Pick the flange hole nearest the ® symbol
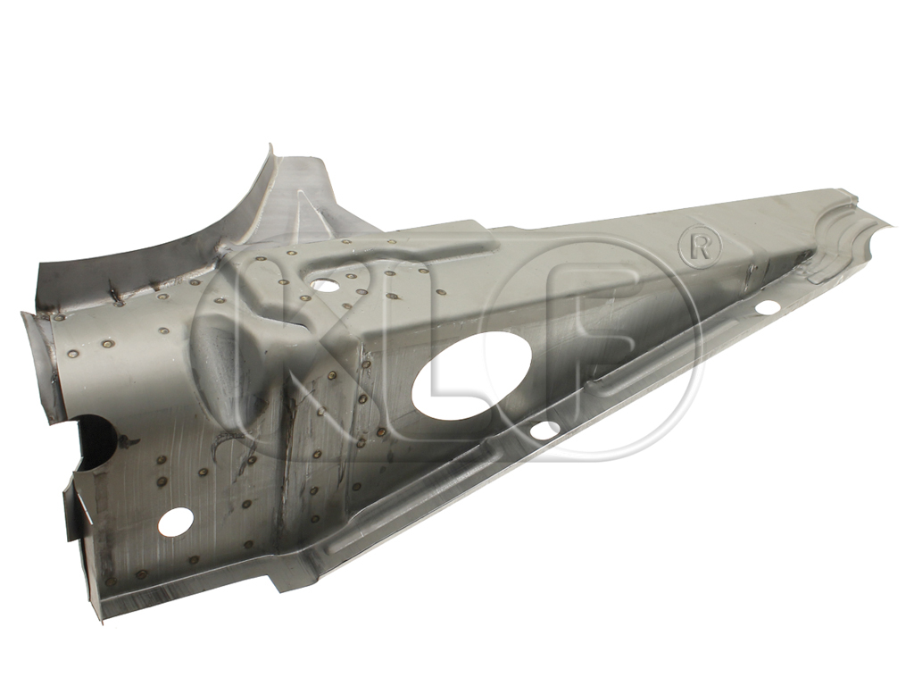pyautogui.click(x=769, y=307)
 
